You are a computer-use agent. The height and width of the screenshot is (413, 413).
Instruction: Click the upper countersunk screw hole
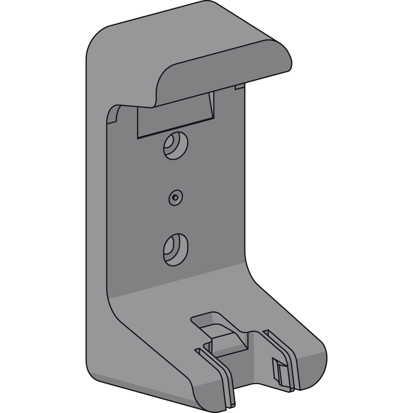[x=175, y=145]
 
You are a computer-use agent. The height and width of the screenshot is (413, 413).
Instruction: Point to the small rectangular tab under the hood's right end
[x=240, y=87]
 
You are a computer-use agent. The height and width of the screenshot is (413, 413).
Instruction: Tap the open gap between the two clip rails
[x=252, y=372]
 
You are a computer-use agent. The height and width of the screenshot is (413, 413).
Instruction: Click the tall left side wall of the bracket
[x=96, y=200]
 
